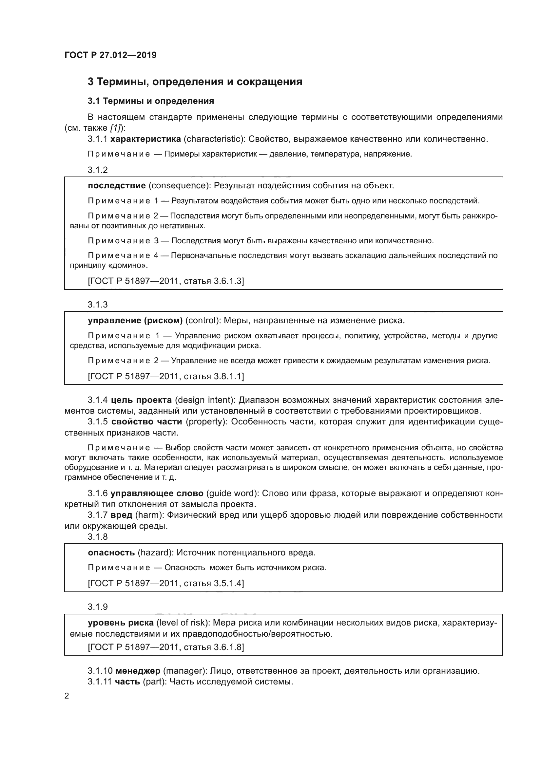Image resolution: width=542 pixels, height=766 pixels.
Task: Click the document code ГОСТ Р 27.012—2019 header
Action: (110, 55)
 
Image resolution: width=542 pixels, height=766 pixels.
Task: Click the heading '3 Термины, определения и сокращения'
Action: (195, 82)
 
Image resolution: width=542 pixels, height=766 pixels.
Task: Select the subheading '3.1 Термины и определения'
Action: (151, 101)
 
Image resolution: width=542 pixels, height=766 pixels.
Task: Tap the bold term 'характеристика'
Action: (145, 139)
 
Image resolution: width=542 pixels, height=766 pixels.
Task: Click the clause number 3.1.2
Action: (98, 170)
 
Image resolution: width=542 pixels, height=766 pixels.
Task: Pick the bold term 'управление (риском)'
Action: (135, 321)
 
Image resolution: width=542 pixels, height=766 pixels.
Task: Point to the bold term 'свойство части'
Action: (146, 422)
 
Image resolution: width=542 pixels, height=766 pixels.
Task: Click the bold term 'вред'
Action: (122, 515)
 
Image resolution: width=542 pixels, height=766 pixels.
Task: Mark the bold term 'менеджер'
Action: (138, 671)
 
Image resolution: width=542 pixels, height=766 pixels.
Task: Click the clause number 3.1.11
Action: (100, 682)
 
